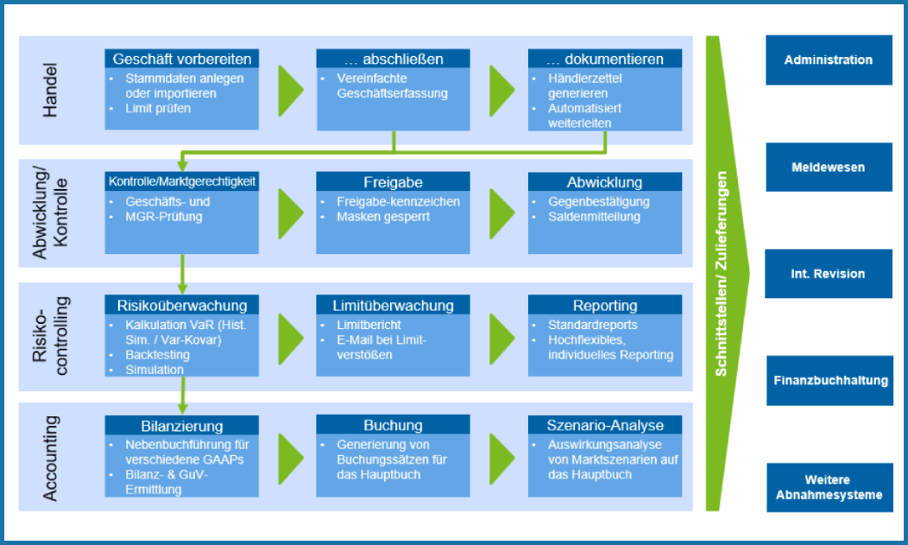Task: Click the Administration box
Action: (829, 60)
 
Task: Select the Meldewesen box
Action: (829, 168)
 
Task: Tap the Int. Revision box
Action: (829, 274)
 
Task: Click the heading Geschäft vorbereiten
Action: (182, 60)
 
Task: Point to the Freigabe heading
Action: (393, 182)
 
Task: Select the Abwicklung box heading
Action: (604, 182)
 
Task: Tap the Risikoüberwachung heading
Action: (182, 305)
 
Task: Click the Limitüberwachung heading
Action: (393, 305)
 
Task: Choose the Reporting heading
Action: (604, 305)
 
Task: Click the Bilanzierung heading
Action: (182, 426)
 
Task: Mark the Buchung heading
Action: (393, 426)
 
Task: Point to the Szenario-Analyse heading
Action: (604, 426)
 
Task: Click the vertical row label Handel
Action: (51, 91)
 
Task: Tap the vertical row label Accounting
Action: (51, 458)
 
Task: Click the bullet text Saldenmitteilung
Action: (594, 217)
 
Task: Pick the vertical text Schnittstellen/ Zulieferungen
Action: (722, 274)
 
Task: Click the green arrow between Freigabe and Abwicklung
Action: (501, 208)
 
